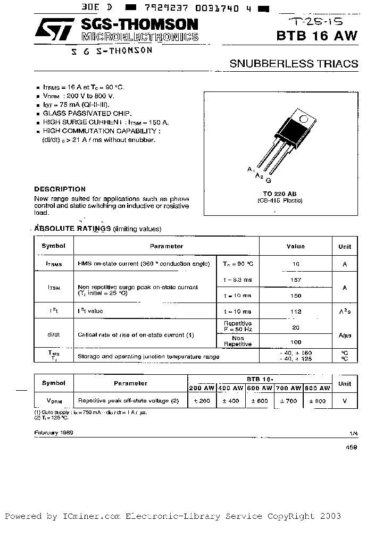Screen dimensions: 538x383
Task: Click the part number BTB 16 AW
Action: click(317, 36)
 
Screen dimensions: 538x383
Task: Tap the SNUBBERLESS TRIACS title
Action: click(294, 64)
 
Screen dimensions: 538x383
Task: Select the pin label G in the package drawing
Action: click(268, 181)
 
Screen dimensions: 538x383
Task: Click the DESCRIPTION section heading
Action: click(60, 189)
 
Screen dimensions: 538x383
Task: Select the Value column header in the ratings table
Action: click(295, 246)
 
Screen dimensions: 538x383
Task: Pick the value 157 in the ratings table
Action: click(296, 280)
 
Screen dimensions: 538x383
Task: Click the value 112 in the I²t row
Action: click(296, 312)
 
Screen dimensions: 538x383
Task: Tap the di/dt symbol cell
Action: click(53, 334)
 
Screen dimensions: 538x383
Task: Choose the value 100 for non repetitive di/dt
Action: click(296, 342)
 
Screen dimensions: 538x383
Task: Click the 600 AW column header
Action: click(260, 388)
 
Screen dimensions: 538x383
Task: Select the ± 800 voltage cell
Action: click(318, 401)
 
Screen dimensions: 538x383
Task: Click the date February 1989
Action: click(54, 433)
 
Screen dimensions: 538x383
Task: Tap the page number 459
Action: click(351, 448)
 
